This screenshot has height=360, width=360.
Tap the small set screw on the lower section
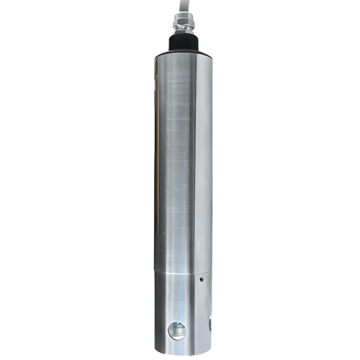click(x=202, y=279)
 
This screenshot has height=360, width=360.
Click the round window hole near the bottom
click(x=176, y=330)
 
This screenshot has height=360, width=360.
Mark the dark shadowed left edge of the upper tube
click(x=156, y=158)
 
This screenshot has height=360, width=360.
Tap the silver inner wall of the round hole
click(x=170, y=330)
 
